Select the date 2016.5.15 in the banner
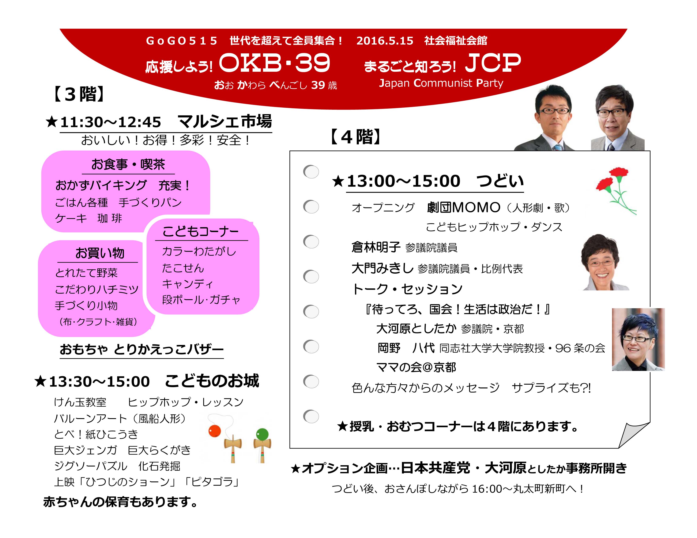[x=385, y=41]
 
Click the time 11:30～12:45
[x=110, y=122]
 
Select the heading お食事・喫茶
[x=128, y=165]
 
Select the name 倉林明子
[x=376, y=247]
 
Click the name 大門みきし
[x=382, y=268]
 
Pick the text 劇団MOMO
[x=463, y=207]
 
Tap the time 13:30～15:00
[x=99, y=381]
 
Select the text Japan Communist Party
[x=441, y=83]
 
